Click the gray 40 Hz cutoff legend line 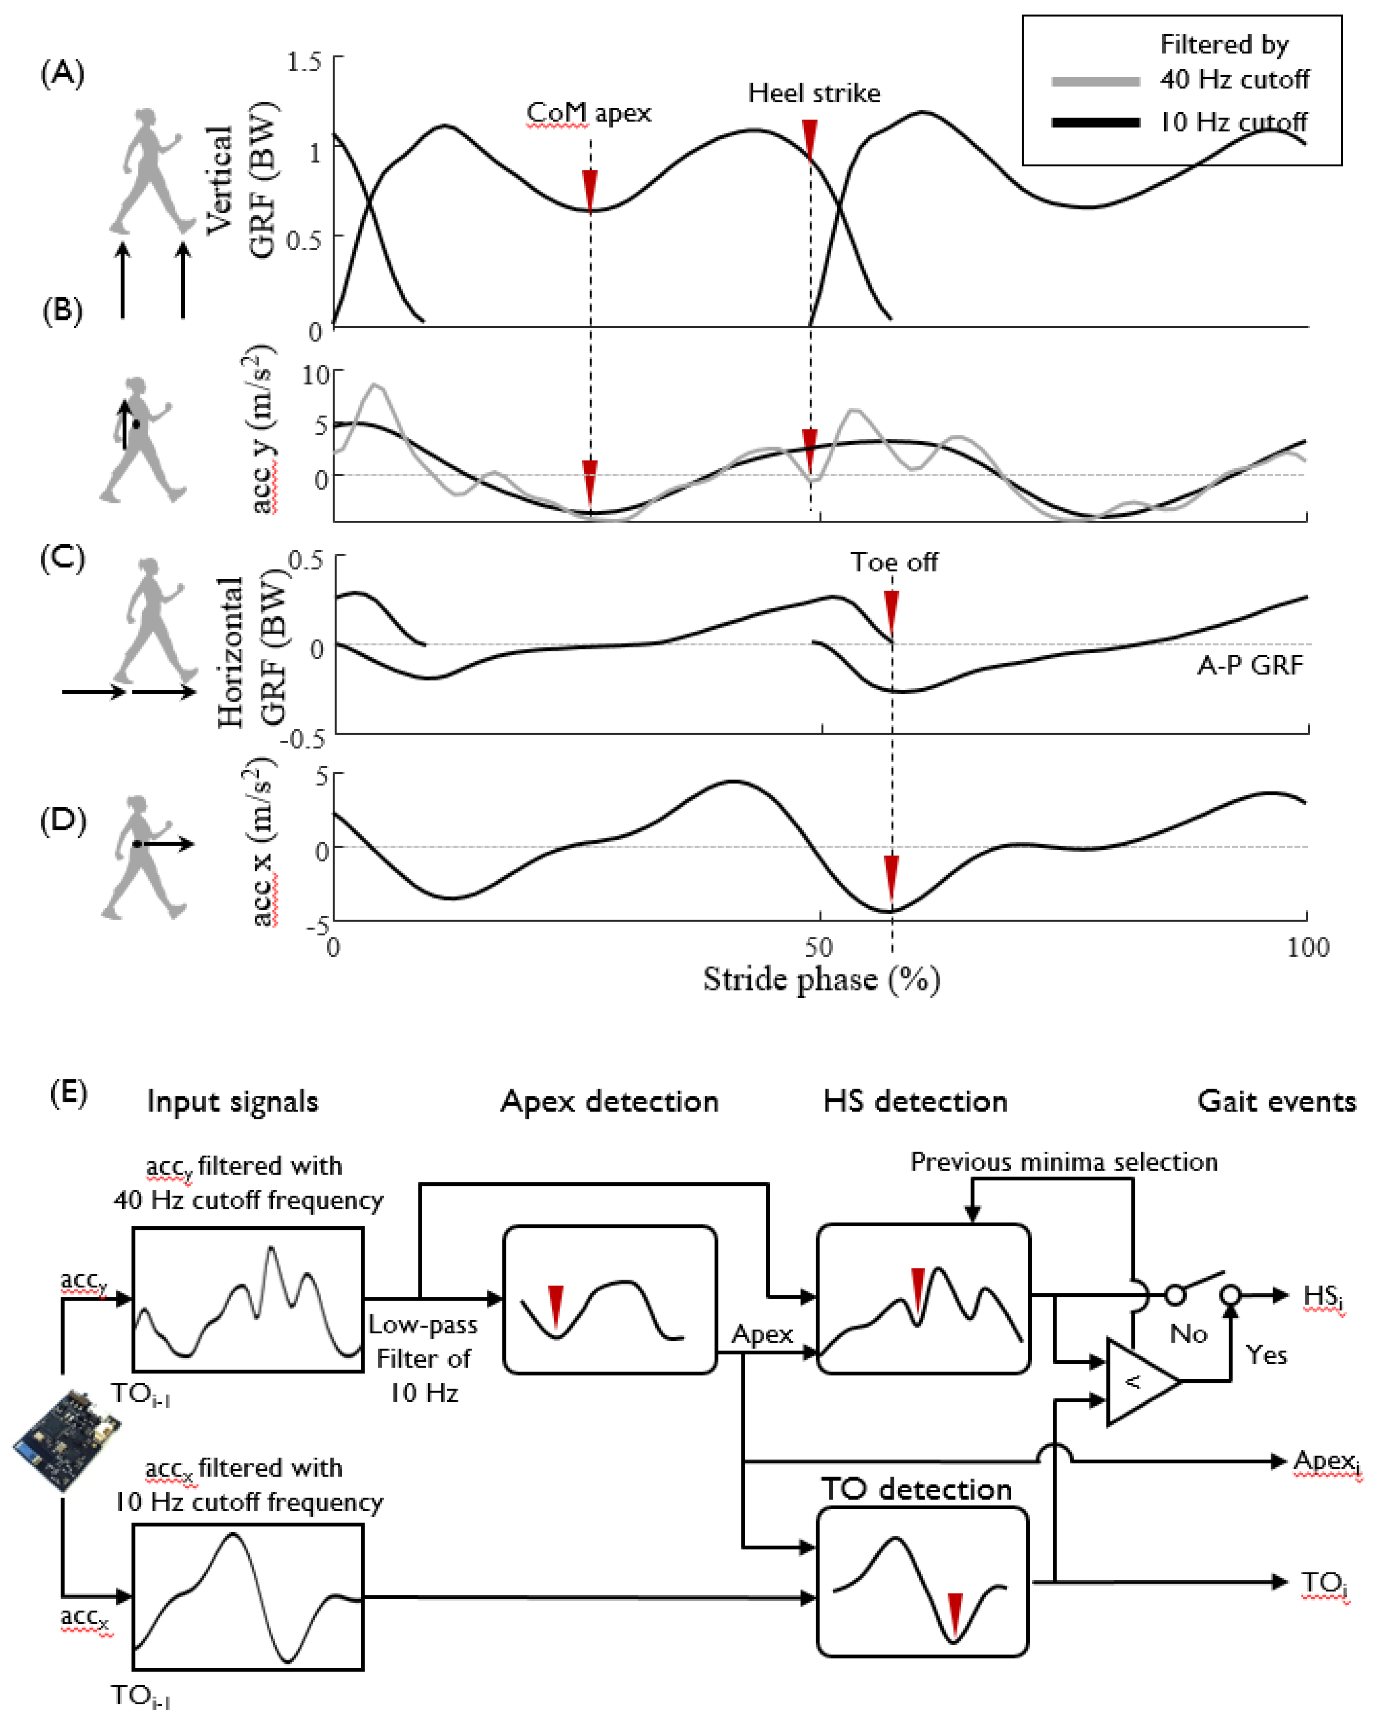(1095, 81)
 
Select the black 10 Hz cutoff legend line (1095, 122)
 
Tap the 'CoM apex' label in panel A (589, 113)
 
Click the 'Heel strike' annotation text (814, 94)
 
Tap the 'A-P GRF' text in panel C (1250, 665)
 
